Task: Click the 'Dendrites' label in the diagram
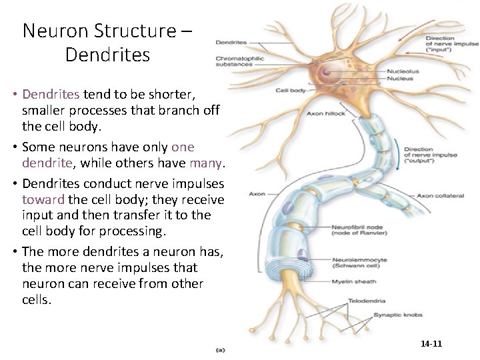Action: click(231, 43)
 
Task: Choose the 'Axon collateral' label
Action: click(436, 196)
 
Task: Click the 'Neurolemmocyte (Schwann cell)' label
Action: click(358, 262)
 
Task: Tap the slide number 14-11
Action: click(432, 344)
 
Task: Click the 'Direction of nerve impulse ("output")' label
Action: click(431, 155)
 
